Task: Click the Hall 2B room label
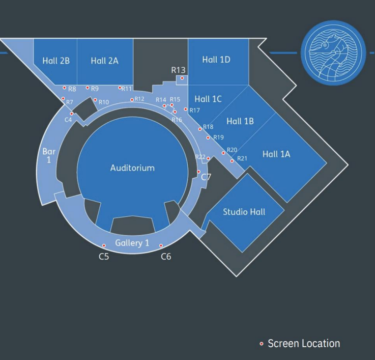[56, 61]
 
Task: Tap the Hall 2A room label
[104, 61]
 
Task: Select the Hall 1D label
[216, 60]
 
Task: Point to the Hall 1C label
[208, 99]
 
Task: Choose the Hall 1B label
[240, 121]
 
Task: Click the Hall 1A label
[276, 154]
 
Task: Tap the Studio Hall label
[244, 212]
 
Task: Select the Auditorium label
[132, 168]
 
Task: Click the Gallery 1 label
[132, 243]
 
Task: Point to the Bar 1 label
[49, 155]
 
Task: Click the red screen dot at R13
[182, 78]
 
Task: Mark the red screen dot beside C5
[104, 245]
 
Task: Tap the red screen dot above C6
[161, 245]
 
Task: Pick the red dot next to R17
[186, 109]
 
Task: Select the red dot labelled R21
[232, 161]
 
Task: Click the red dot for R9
[88, 88]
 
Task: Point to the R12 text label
[139, 99]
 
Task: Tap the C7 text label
[206, 177]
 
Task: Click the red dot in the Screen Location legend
[262, 344]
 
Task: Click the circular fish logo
[333, 52]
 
